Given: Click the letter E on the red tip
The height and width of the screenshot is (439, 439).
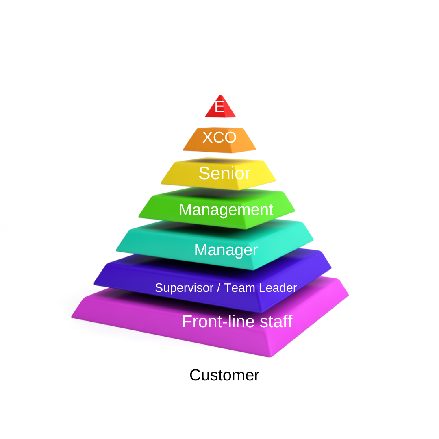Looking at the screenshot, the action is coord(220,106).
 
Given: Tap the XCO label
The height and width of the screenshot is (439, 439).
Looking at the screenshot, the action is coord(219,137).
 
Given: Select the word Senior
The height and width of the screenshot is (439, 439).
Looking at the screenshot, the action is coord(224,173).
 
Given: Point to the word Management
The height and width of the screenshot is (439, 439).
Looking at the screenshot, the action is coord(226,210).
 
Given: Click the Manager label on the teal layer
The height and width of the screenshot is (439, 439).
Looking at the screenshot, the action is coord(226,250).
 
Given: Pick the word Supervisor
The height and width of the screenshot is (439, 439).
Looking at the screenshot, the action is coord(184,288).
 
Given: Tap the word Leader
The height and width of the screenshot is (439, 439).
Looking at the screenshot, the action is coord(278,288).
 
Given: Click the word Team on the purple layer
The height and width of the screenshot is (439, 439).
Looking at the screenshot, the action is coord(240,288).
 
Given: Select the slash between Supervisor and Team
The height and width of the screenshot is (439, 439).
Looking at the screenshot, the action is coord(219,288).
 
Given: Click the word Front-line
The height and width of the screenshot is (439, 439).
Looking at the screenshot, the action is coord(219,322).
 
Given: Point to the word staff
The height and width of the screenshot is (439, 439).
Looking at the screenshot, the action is coord(276,322).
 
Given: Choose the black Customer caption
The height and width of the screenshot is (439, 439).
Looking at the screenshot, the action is coord(224,375).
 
